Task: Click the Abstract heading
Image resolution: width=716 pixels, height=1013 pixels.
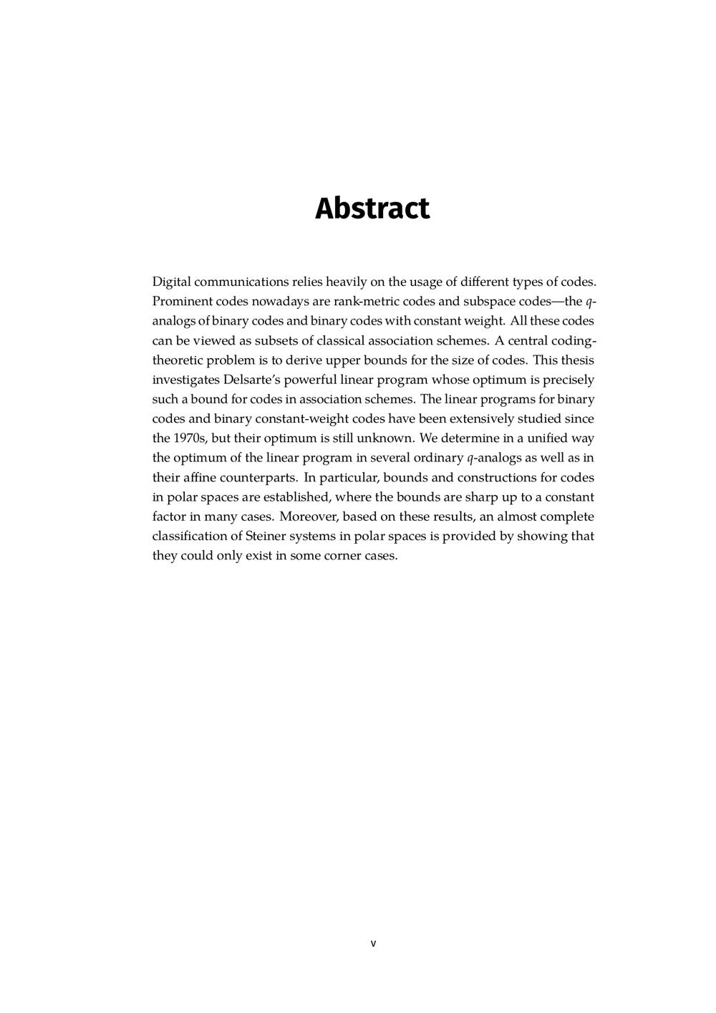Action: tap(372, 208)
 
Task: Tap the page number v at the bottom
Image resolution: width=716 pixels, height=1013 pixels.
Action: tap(373, 943)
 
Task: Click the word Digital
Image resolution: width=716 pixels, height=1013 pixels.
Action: tap(171, 282)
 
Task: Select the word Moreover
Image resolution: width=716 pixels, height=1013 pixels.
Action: tap(309, 517)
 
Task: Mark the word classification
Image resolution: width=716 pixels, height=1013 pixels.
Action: tap(188, 536)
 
